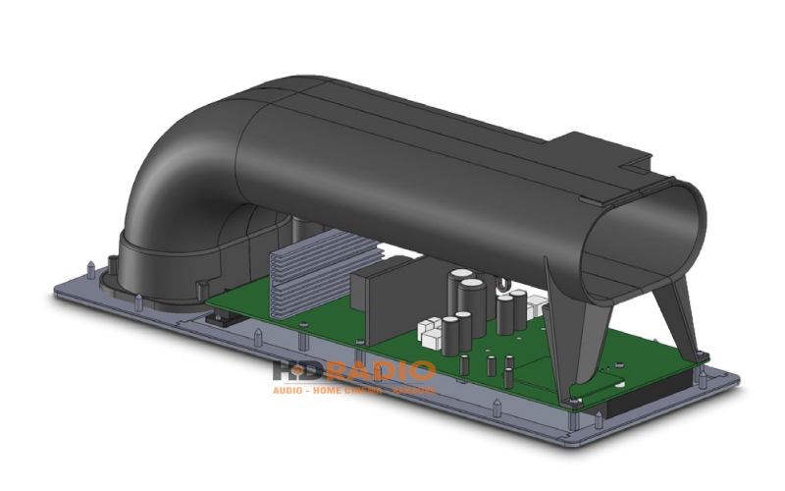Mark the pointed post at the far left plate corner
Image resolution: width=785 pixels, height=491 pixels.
point(91,266)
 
